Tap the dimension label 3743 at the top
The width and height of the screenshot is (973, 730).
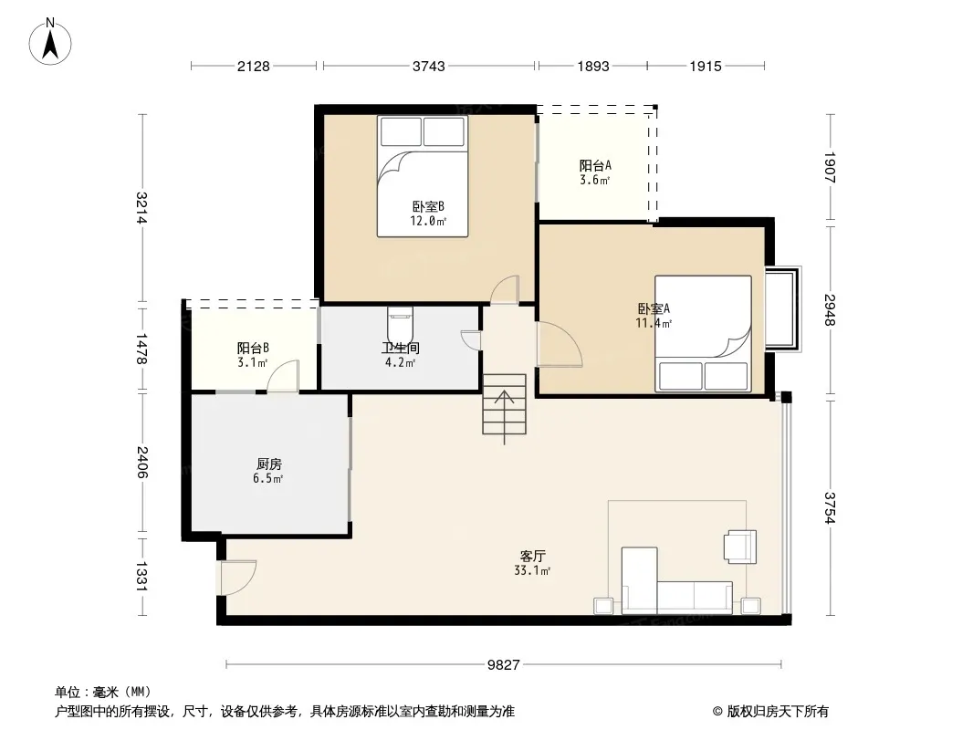point(429,66)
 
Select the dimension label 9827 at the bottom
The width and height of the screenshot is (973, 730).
point(503,665)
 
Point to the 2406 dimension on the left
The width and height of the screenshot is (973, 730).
point(142,462)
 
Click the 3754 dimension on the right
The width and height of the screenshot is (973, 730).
point(830,507)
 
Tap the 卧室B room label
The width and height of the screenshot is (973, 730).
point(428,206)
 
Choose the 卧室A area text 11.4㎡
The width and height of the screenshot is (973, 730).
point(654,323)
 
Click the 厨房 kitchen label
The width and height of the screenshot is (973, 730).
point(268,464)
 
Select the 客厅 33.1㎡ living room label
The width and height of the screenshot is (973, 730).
point(532,563)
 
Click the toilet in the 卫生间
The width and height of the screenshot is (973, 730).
point(401,324)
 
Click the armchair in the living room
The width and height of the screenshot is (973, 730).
point(740,547)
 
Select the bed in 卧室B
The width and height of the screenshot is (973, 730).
point(423,176)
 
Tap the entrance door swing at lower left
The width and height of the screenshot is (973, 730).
point(237,578)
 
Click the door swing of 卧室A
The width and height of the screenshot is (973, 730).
point(560,345)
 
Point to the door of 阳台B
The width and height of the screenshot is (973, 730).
point(283,376)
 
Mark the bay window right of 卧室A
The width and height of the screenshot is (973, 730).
point(783,308)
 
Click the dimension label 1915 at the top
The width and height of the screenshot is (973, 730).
point(706,66)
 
